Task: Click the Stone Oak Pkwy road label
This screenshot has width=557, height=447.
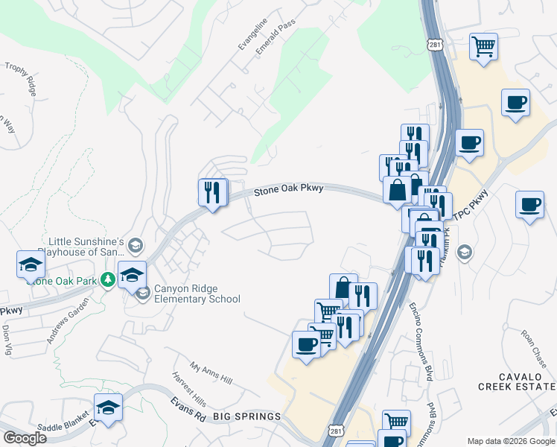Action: (288, 189)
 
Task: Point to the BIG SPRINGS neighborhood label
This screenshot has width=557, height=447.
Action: (247, 416)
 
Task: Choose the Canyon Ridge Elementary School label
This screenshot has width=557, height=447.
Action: (197, 294)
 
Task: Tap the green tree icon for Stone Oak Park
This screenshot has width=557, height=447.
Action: (108, 279)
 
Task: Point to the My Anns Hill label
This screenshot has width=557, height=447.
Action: (211, 373)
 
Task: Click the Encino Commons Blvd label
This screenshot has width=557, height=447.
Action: (421, 342)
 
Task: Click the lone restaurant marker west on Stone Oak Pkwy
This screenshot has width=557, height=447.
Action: (212, 193)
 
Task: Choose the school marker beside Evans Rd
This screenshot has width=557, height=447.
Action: (108, 408)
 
